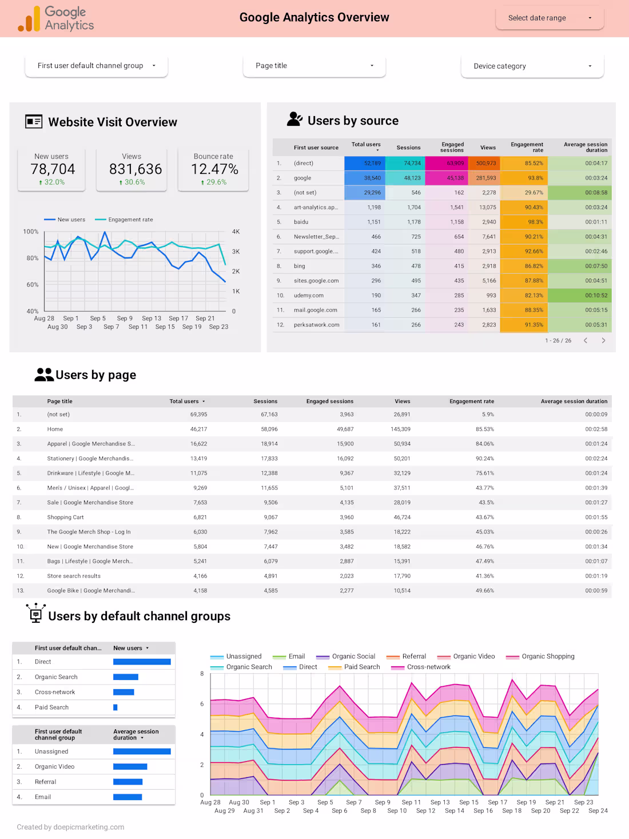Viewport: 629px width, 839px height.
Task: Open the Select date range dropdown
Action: [x=550, y=18]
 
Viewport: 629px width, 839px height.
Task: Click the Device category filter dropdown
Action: [x=532, y=66]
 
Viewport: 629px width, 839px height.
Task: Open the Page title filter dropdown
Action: [x=314, y=66]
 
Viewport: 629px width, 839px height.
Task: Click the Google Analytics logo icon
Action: [x=29, y=19]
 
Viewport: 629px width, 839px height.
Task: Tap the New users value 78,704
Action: [x=53, y=169]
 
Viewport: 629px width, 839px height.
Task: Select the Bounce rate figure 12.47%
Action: [x=214, y=169]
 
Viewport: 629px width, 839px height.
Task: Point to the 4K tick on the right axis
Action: [x=236, y=232]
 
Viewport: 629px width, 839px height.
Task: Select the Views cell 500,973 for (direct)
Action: [x=485, y=164]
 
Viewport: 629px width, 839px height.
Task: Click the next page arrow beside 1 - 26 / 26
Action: [x=603, y=341]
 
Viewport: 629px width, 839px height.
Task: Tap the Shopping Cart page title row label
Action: [x=65, y=518]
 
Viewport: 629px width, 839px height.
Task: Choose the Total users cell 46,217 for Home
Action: [x=198, y=430]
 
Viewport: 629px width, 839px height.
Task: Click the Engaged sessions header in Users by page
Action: [x=329, y=401]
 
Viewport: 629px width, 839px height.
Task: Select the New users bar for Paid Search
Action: [x=116, y=707]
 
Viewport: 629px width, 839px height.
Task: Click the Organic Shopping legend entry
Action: [x=547, y=657]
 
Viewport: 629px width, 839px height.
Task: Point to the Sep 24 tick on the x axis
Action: [x=598, y=811]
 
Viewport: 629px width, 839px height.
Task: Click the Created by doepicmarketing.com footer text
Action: [x=70, y=827]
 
